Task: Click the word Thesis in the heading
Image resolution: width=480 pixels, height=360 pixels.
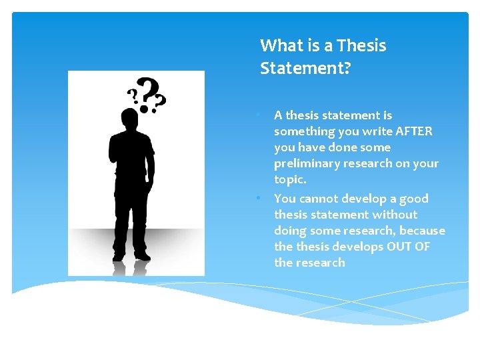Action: pos(361,46)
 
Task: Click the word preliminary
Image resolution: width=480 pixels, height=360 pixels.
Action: pos(307,163)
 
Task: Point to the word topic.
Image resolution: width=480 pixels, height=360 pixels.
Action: pos(289,179)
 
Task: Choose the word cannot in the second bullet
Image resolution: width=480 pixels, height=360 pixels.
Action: pos(318,199)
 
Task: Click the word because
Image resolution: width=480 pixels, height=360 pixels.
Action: pos(422,231)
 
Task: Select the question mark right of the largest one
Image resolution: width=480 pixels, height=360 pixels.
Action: pos(160,101)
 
